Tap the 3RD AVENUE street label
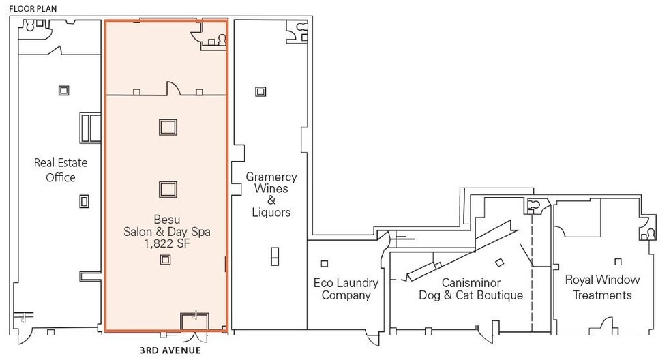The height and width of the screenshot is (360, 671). coord(170,350)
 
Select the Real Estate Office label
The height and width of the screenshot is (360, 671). coord(56,170)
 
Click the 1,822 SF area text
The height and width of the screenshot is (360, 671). coord(166,244)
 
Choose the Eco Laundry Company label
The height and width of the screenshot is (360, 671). coord(346,288)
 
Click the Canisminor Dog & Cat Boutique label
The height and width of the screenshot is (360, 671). coord(472,288)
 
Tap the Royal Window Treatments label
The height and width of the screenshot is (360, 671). coord(602,287)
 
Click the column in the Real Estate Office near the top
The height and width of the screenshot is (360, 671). coord(63,90)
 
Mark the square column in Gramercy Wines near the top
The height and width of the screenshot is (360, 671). coord(260,91)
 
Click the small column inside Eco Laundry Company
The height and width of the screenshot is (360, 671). coord(325,264)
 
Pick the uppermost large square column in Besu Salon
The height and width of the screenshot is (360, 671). coord(167,126)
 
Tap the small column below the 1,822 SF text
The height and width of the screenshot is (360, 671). coord(165,259)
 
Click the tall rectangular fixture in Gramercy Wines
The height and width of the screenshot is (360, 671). coord(274,256)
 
